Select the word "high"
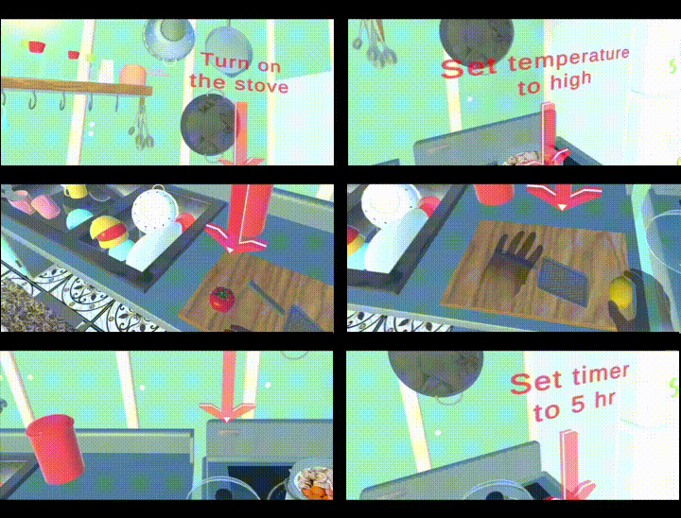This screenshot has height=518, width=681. coord(570,81)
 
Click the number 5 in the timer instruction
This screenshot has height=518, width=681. coord(576,406)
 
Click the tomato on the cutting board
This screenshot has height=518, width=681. coord(222,299)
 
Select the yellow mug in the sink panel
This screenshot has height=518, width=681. coord(76,191)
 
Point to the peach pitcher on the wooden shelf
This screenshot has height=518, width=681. coord(133,75)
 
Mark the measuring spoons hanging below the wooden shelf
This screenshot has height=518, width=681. coord(142,124)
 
